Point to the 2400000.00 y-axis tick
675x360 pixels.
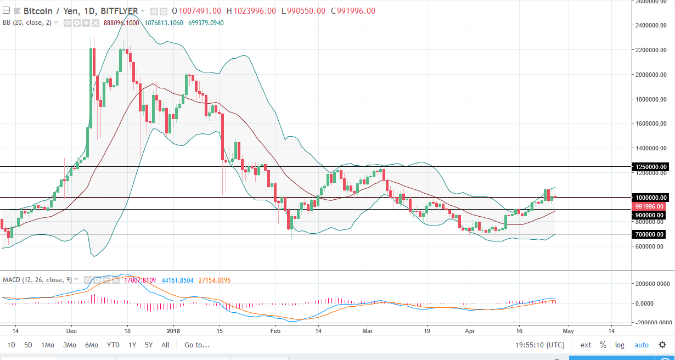649,26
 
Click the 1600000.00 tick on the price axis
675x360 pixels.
649,123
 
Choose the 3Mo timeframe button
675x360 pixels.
70,345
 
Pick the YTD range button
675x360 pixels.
114,345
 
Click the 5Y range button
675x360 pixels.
149,345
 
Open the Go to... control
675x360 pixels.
197,345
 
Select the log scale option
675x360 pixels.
620,345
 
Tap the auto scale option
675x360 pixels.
642,345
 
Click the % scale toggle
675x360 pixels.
603,345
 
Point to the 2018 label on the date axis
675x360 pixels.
173,331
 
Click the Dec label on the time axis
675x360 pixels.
71,331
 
